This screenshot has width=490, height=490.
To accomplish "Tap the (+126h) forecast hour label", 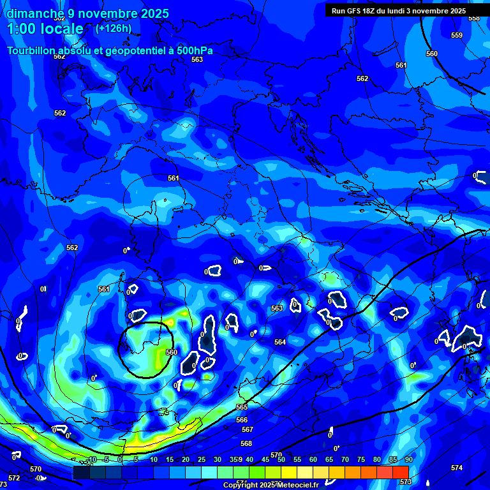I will point(114,28).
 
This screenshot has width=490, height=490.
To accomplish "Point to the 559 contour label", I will point(457,35).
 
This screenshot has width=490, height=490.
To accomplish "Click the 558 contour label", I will point(473,19).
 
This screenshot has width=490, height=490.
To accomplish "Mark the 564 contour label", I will point(280,342).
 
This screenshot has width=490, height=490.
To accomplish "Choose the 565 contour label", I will point(241,407).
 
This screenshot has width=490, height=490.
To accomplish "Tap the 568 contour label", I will point(246,443).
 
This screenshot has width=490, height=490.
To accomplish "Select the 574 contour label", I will point(457,468).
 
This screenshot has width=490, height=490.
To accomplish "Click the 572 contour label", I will point(14,478).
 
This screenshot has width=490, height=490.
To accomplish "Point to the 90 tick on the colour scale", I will point(408,459).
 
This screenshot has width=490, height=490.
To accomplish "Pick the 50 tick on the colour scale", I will point(281,459).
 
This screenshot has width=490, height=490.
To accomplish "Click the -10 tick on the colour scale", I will point(91,459).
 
